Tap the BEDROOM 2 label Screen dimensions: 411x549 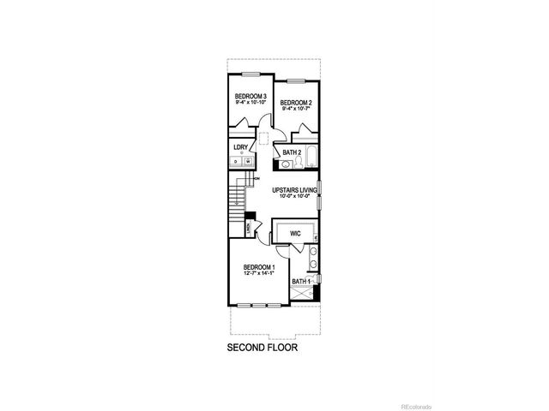coord(296,103)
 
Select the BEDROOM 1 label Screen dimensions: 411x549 coord(258,267)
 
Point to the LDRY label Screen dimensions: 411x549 coord(241,146)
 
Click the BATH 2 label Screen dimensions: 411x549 coord(292,152)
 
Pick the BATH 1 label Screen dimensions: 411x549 coord(300,281)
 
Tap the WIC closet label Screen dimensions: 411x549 coord(294,232)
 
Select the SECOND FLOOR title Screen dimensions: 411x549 coord(262,348)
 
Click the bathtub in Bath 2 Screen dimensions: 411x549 coord(311,158)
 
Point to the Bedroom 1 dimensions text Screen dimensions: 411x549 coord(258,274)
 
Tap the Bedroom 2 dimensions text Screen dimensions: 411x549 coord(297,109)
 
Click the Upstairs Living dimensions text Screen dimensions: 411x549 coord(295,196)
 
